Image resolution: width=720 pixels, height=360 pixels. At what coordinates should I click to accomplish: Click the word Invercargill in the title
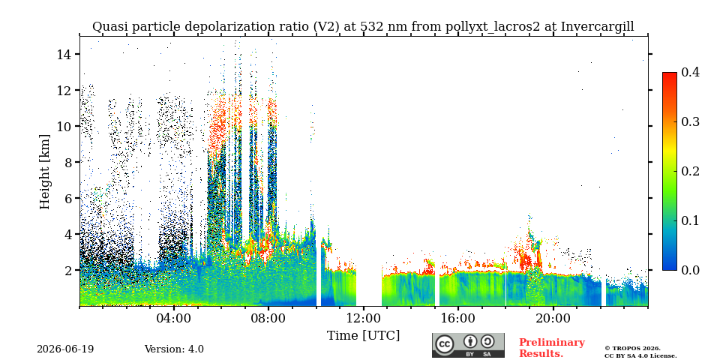coord(598,27)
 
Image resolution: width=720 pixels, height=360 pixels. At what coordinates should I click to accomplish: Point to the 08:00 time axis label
coord(268,318)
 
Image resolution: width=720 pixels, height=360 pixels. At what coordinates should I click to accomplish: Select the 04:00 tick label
coord(174,318)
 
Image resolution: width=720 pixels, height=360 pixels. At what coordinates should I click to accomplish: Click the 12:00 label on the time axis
coord(363,318)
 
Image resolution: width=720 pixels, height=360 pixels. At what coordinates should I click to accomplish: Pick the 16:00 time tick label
coord(457,318)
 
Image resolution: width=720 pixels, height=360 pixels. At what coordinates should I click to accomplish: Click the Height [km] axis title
coord(44,171)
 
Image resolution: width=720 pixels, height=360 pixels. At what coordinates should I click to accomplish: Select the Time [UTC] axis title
coord(363,336)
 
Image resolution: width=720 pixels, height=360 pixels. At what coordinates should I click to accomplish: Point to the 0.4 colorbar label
coord(690,72)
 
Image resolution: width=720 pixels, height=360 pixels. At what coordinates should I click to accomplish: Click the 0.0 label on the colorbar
coord(690,270)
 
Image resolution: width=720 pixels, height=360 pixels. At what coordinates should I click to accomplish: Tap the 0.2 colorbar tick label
coord(690,171)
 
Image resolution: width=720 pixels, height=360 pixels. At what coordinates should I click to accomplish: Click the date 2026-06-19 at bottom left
coord(65,349)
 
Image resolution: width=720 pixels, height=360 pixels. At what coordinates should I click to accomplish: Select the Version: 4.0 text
coord(174,349)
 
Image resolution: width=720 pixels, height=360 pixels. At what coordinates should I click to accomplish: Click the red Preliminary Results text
coord(552,347)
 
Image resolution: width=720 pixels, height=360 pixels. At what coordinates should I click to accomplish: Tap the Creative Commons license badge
coord(468,345)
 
